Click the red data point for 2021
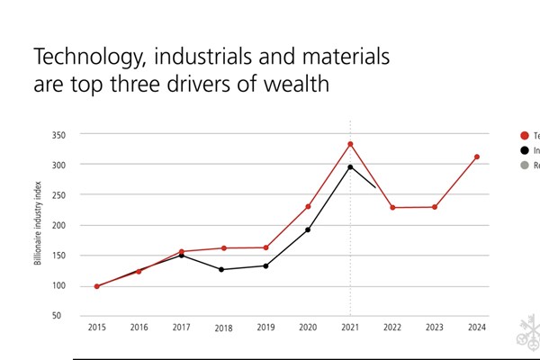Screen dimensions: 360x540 [350, 144]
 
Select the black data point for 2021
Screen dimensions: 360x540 [350, 166]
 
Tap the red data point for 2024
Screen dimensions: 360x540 [476, 157]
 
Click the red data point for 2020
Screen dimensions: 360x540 [308, 206]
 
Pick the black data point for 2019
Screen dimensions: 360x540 [265, 265]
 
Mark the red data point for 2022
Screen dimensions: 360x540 [392, 207]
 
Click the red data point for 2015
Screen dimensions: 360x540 [97, 286]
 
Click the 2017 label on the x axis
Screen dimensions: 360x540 [181, 328]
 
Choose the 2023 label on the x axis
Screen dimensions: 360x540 [434, 328]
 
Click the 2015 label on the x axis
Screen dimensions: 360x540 [97, 328]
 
